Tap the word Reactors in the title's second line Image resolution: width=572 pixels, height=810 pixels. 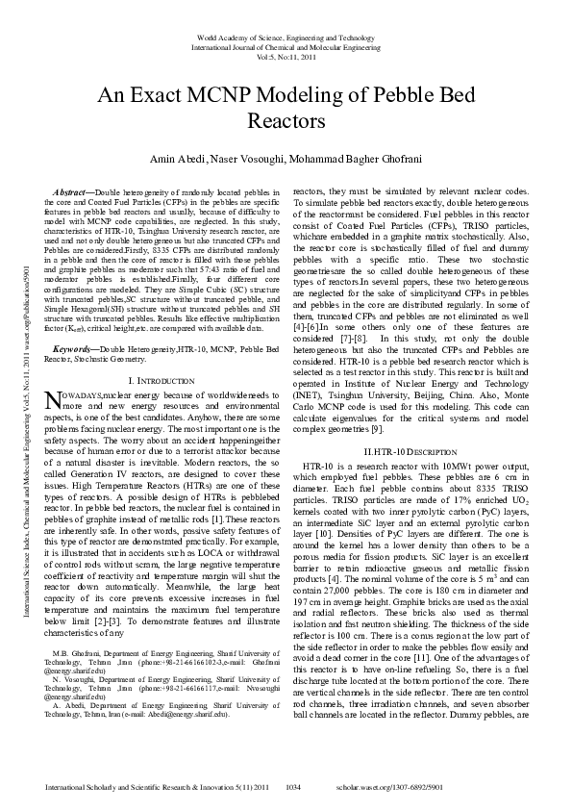click(x=286, y=122)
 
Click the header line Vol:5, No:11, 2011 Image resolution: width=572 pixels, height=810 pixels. click(x=285, y=57)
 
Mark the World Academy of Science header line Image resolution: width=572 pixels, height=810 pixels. click(x=285, y=38)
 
